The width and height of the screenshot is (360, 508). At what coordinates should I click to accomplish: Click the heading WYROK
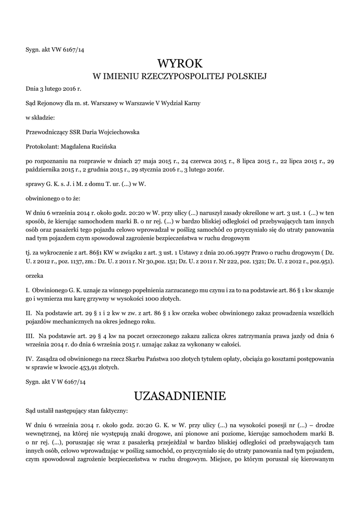180,63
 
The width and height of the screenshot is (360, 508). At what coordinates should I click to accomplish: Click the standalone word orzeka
34,274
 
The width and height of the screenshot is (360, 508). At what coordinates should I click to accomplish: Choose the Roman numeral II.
28,313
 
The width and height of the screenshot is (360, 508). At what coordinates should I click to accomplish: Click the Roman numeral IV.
29,358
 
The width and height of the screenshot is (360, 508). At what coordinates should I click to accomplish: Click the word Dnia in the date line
32,88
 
